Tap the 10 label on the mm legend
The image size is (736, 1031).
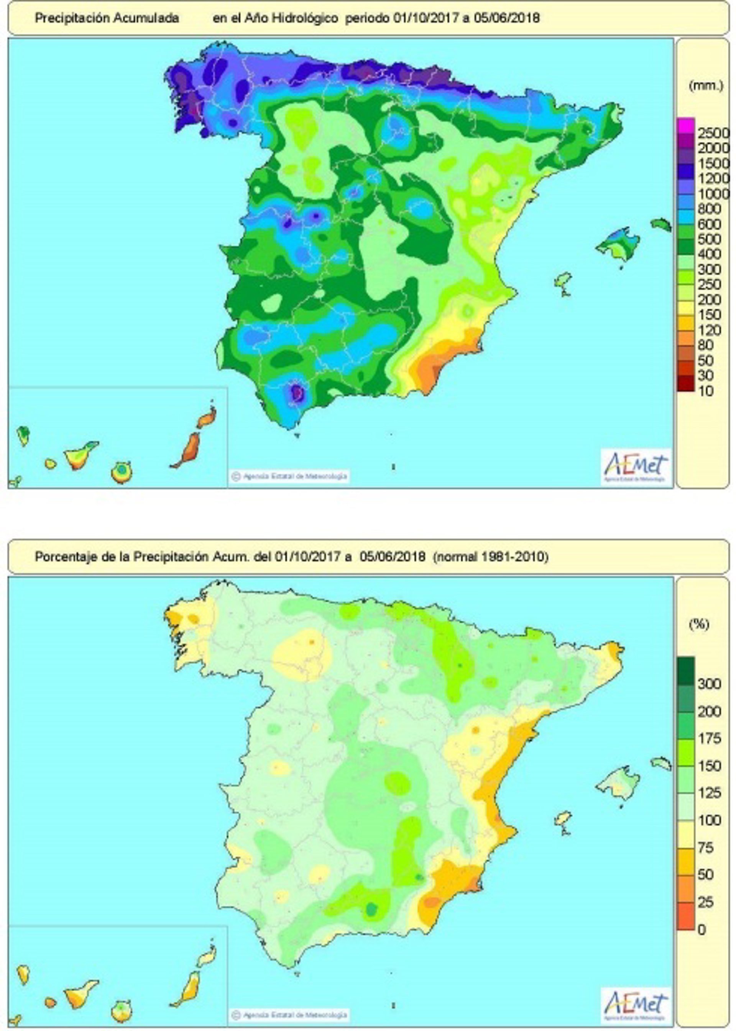pyautogui.click(x=706, y=391)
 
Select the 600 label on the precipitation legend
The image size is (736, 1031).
pyautogui.click(x=709, y=224)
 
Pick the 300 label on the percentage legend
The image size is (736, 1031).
pyautogui.click(x=709, y=684)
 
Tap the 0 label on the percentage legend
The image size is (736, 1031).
pyautogui.click(x=702, y=930)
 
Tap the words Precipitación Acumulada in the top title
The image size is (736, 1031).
pyautogui.click(x=107, y=18)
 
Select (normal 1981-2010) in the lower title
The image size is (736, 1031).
pyautogui.click(x=490, y=556)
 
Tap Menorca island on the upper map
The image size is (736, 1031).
pyautogui.click(x=661, y=224)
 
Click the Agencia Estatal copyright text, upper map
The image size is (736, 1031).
pyautogui.click(x=290, y=476)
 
